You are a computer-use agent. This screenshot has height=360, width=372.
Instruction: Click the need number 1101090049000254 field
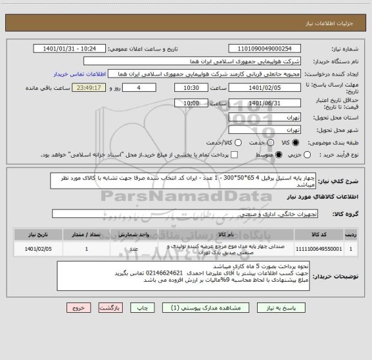(x=269, y=48)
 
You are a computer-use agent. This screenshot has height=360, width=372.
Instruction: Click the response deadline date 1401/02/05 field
(x=269, y=87)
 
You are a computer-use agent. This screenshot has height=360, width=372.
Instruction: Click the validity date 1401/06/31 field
(x=269, y=102)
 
